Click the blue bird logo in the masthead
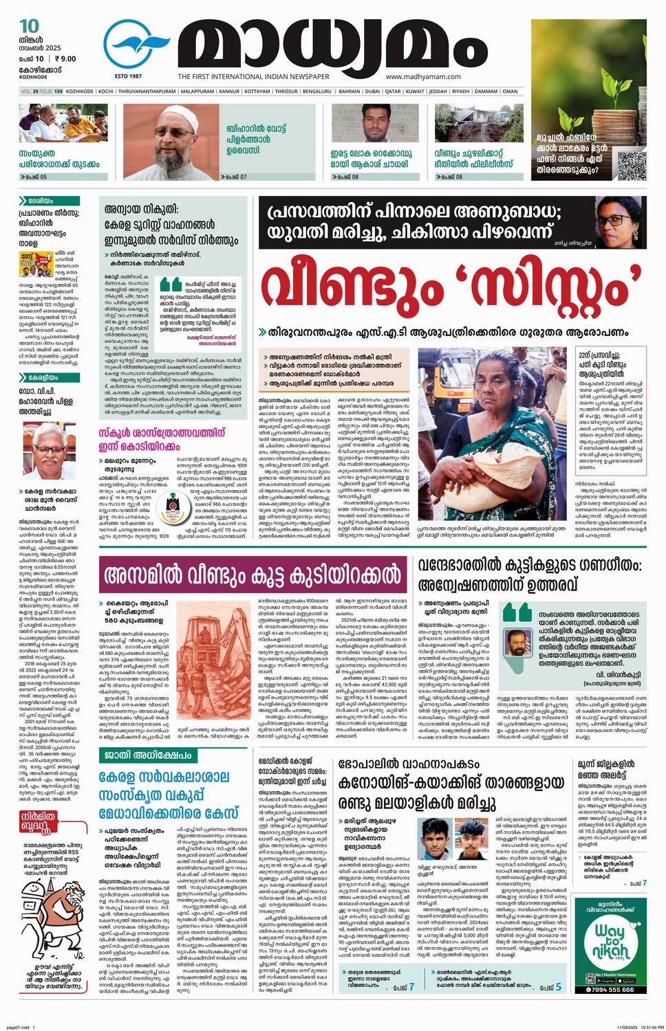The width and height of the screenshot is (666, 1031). (136, 45)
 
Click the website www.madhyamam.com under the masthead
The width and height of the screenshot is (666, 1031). (423, 77)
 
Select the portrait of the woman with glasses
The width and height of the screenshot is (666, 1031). (620, 221)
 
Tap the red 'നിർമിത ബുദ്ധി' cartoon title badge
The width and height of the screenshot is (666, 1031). (39, 822)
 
